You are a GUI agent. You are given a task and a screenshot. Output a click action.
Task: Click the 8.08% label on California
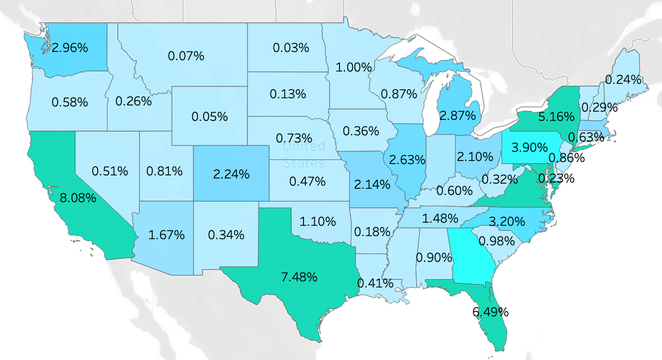tap(78, 197)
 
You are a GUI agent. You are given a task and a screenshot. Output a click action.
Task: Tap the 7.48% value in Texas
tap(299, 277)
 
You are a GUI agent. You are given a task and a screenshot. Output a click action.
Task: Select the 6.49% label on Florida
tap(490, 312)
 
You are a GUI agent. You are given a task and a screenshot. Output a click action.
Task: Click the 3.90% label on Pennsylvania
tap(529, 148)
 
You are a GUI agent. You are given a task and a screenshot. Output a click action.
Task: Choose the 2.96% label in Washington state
tap(70, 48)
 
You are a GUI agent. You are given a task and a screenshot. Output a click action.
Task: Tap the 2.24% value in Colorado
tap(231, 174)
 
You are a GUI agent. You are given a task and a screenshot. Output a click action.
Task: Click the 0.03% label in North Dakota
tap(291, 48)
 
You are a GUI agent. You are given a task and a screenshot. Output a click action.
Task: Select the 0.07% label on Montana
tap(186, 56)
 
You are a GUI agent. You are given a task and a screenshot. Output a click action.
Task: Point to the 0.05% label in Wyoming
tap(209, 116)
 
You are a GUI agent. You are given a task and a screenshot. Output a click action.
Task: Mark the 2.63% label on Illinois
tap(407, 159)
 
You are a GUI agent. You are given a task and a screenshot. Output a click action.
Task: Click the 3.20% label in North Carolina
tap(507, 222)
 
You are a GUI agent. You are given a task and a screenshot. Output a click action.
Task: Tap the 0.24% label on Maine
tap(623, 80)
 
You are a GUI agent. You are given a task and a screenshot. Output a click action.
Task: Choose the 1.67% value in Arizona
tap(166, 235)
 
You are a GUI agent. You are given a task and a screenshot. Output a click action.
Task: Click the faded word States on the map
tap(304, 164)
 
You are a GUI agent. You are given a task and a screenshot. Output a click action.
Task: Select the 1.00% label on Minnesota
tap(353, 67)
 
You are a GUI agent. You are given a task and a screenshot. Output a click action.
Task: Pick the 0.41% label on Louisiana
tap(375, 282)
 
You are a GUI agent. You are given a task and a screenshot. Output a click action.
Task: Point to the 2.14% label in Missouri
tap(372, 184)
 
